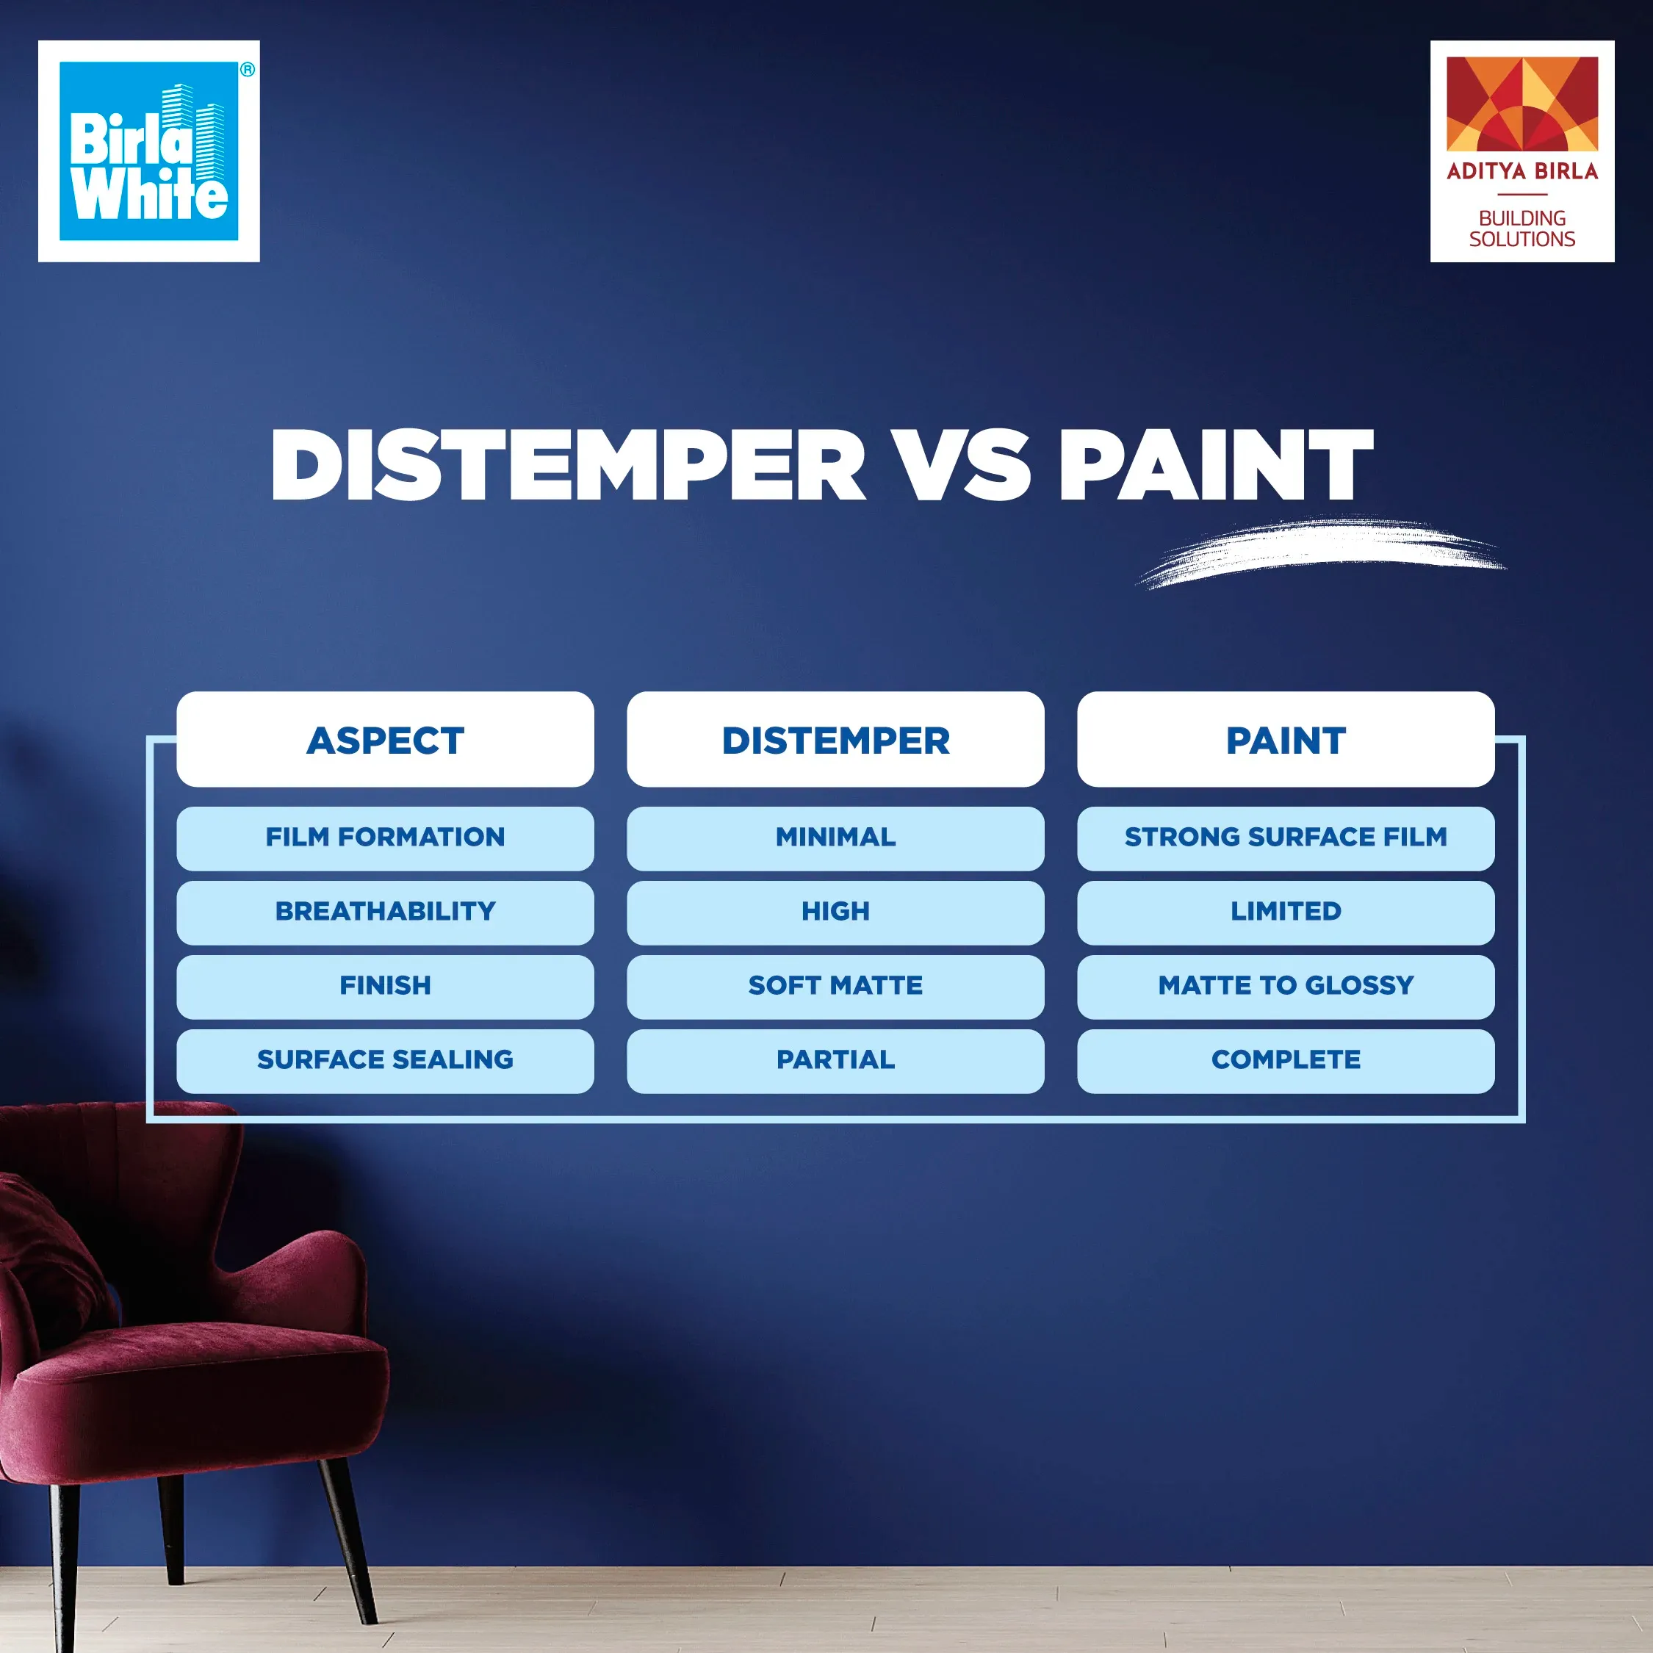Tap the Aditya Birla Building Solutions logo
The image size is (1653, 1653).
(x=1521, y=151)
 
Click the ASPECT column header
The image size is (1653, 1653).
(x=385, y=740)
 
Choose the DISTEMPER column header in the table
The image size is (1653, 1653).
(x=835, y=740)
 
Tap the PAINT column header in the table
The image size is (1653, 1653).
(x=1285, y=740)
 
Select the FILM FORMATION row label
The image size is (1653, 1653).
(x=385, y=838)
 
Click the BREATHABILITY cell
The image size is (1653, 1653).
(x=385, y=912)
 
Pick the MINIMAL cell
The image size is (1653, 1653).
(x=835, y=838)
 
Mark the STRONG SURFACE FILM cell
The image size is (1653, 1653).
(x=1285, y=838)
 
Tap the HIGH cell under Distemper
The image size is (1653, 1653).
(x=835, y=912)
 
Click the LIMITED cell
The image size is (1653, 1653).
(x=1285, y=912)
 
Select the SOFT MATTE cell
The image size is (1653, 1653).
(x=835, y=987)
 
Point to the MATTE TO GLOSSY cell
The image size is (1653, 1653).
(x=1285, y=987)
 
